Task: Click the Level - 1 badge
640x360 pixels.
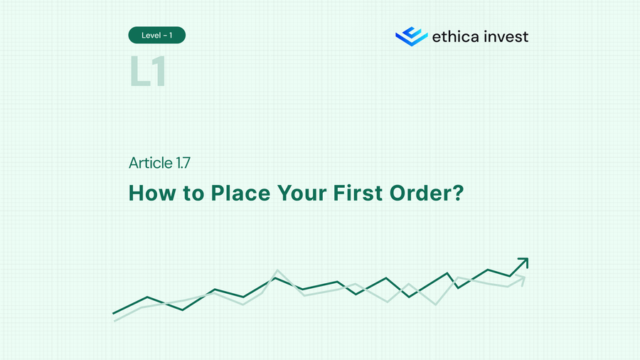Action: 157,35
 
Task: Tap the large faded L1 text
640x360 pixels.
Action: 148,72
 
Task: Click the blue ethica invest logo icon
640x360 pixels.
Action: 411,36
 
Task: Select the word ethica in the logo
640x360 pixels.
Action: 454,36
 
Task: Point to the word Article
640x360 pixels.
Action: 150,163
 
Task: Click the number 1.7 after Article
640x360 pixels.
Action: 182,163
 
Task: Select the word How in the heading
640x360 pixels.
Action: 147,193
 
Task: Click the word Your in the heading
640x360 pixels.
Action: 306,193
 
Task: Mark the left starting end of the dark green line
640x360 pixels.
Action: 114,312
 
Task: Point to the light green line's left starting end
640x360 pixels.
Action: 115,320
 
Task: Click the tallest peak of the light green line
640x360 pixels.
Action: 277,270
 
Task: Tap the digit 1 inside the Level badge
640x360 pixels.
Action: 171,35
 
